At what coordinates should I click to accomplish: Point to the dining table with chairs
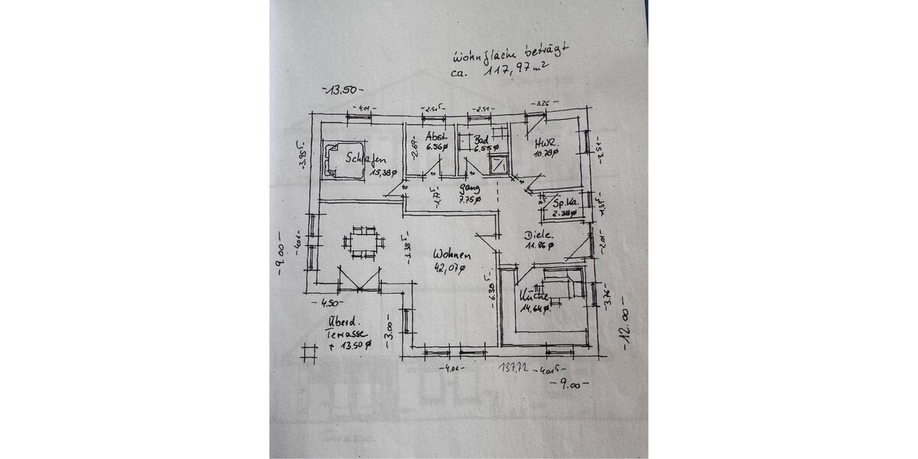[363, 243]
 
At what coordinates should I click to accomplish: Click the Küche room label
[533, 295]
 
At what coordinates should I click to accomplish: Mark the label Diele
[539, 235]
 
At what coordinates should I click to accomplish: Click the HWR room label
[545, 142]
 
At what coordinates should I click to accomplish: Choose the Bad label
[481, 140]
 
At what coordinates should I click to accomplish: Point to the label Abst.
[436, 138]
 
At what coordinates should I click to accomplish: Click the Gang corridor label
[469, 187]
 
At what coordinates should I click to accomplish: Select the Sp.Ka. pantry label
[565, 203]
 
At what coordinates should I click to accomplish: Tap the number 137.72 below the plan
[514, 369]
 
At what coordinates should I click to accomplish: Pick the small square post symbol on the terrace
[309, 352]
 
